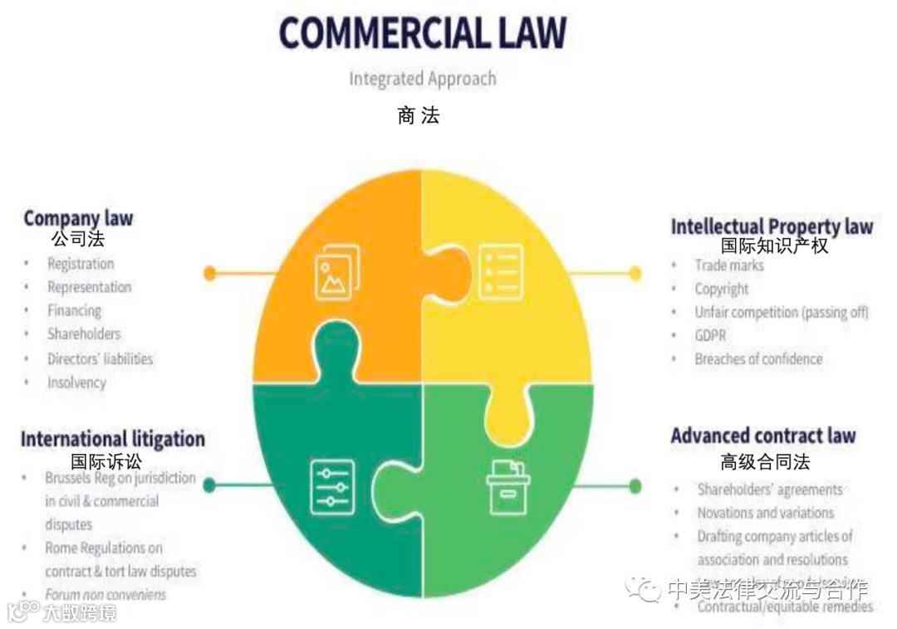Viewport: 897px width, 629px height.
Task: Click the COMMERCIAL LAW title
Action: pyautogui.click(x=422, y=33)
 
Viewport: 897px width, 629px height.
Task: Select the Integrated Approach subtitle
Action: pyautogui.click(x=422, y=79)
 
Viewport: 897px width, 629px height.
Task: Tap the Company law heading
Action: pyautogui.click(x=78, y=218)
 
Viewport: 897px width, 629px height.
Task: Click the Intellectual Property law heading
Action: pyautogui.click(x=772, y=226)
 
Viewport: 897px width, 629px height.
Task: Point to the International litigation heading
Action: pyautogui.click(x=113, y=438)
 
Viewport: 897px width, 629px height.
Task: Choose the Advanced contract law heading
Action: pyautogui.click(x=762, y=436)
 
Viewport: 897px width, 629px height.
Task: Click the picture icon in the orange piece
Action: pyautogui.click(x=336, y=271)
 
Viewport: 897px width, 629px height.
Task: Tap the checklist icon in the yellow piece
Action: pyautogui.click(x=501, y=271)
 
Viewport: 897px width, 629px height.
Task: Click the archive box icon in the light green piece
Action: pyautogui.click(x=507, y=487)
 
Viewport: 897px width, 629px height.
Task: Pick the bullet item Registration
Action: pyautogui.click(x=81, y=264)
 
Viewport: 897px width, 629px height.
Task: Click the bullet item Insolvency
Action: pyautogui.click(x=76, y=383)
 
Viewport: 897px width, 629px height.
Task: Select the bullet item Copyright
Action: pyautogui.click(x=722, y=289)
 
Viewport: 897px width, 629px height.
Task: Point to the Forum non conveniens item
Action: pyautogui.click(x=105, y=594)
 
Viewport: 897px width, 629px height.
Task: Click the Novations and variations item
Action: pyautogui.click(x=765, y=513)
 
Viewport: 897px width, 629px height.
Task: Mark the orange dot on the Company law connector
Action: pyautogui.click(x=210, y=272)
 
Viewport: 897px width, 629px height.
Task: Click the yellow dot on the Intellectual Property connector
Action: pyautogui.click(x=635, y=272)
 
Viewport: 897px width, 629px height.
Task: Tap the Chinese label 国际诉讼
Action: pyautogui.click(x=105, y=461)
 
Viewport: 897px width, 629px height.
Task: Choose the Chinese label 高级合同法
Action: pyautogui.click(x=764, y=461)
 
